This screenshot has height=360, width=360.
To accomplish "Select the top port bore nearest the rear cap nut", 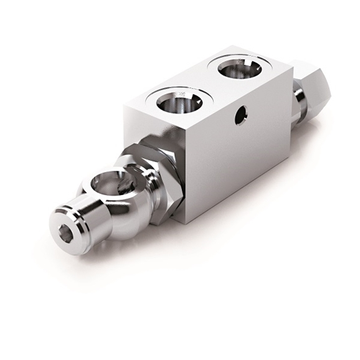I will point(239,66).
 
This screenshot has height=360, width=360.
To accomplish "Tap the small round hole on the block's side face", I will point(240,114).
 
